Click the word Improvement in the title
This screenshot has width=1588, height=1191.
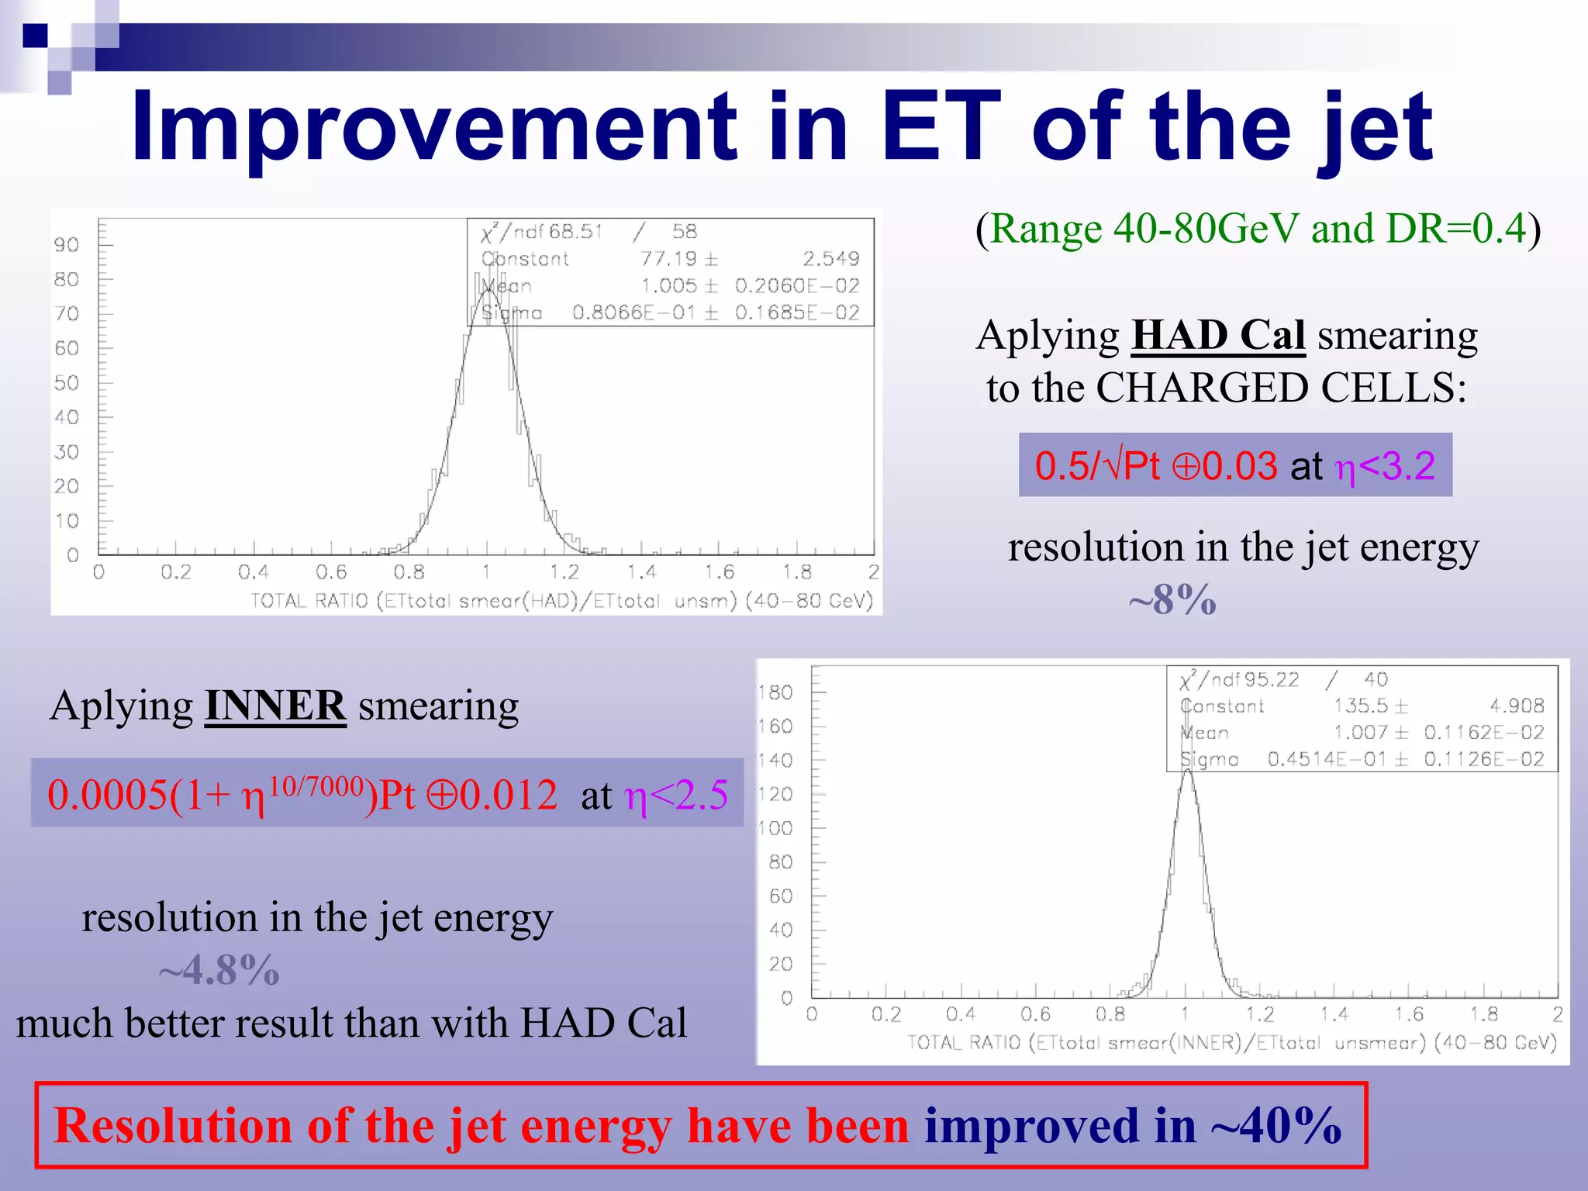click(x=434, y=128)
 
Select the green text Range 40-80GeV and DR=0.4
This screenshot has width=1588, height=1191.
click(x=1258, y=230)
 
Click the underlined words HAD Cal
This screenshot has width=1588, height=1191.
click(x=1217, y=336)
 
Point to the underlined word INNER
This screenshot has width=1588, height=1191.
click(x=275, y=706)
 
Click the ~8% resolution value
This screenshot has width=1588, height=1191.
click(x=1172, y=599)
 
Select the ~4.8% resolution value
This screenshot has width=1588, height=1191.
click(x=219, y=970)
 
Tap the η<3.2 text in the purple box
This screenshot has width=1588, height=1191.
click(x=1384, y=467)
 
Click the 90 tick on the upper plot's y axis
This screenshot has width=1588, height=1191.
click(x=67, y=245)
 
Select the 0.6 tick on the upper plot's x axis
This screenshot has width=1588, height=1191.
click(x=331, y=572)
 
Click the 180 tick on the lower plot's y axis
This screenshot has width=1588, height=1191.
click(x=776, y=692)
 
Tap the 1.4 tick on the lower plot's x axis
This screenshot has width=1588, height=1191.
click(x=1334, y=1014)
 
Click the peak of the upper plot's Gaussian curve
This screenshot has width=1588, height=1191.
click(x=488, y=290)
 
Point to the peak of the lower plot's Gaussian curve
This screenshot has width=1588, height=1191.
click(x=1188, y=770)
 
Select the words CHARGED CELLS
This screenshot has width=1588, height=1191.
click(x=1281, y=388)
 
